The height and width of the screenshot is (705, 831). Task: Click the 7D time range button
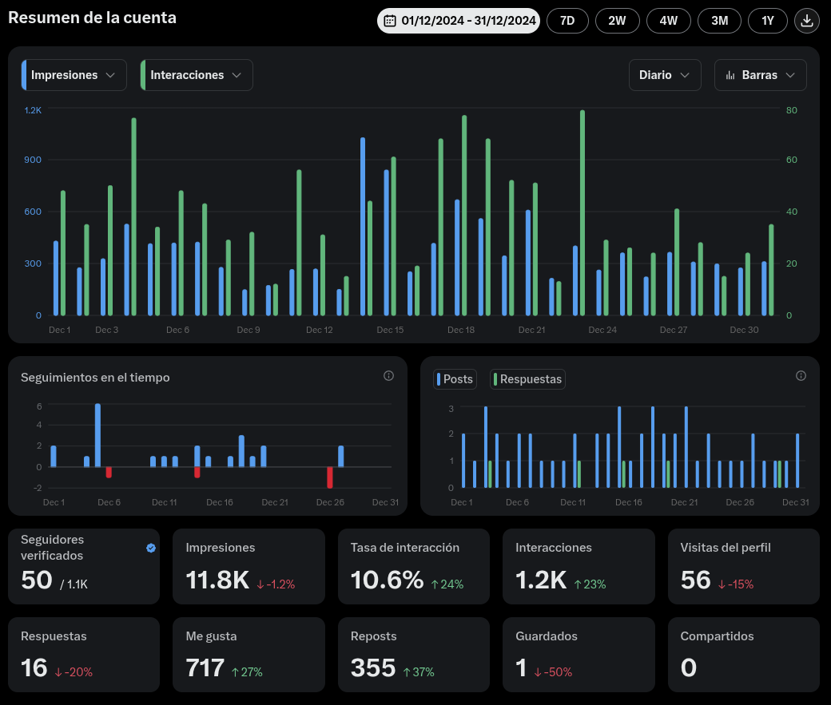tap(567, 21)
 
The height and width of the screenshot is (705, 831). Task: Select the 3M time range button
tap(719, 21)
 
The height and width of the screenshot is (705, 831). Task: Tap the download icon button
tap(806, 21)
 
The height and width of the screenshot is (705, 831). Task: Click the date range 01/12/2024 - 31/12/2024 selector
tap(459, 21)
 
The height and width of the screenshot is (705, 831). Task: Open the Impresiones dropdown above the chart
tap(74, 75)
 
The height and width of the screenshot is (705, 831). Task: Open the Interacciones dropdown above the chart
tap(197, 75)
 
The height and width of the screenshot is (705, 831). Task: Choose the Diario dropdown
tap(665, 75)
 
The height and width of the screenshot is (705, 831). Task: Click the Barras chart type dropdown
tap(760, 75)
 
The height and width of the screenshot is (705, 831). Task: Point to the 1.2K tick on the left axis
tap(33, 110)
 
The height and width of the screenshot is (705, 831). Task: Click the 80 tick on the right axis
tap(791, 110)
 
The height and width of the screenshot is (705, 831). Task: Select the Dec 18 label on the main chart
tap(461, 330)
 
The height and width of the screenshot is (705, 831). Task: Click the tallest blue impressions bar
tap(363, 226)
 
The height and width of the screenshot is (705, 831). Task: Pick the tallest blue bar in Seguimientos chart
tap(97, 435)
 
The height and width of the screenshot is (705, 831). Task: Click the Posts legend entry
tap(455, 379)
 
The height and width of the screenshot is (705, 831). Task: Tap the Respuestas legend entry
tap(527, 379)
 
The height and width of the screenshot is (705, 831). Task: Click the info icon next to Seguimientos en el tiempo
tap(388, 375)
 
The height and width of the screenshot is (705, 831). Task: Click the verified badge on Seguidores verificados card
tap(151, 548)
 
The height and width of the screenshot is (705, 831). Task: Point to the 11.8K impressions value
tap(217, 580)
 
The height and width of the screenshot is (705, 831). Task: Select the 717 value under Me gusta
tap(205, 668)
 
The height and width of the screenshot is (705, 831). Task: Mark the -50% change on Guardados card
tap(553, 672)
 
